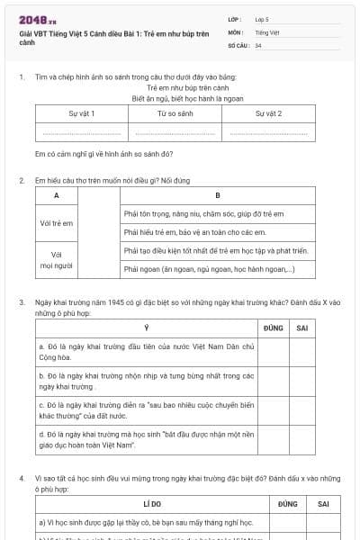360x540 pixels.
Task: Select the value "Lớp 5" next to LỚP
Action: coord(262,18)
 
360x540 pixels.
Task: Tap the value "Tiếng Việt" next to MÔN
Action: coord(265,31)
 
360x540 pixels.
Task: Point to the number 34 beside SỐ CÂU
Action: coord(258,44)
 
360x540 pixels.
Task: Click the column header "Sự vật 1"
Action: coord(82,114)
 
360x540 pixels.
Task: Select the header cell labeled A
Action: coord(57,195)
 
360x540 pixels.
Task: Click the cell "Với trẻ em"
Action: coord(57,222)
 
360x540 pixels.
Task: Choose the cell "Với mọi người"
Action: coord(57,260)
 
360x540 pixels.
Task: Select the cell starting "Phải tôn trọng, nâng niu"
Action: coord(202,214)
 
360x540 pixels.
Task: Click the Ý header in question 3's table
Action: coord(147,328)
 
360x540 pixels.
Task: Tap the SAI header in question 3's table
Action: coord(302,328)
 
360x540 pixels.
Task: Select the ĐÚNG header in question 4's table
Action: coord(287,504)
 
